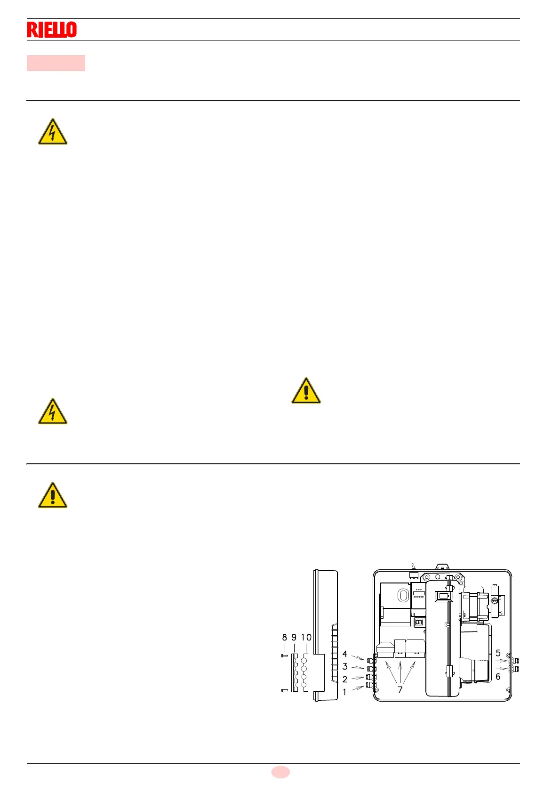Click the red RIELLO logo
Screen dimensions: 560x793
tap(52, 30)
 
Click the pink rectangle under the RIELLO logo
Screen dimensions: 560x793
tap(56, 63)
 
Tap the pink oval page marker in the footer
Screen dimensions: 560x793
tap(280, 772)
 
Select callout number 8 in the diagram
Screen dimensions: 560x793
tap(284, 638)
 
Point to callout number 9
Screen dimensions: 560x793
tap(294, 638)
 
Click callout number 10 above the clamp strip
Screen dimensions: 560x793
tap(306, 638)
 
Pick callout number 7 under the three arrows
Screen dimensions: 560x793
tap(400, 690)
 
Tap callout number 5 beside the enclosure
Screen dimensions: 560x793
tap(498, 653)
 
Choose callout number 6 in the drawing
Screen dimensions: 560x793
tap(498, 677)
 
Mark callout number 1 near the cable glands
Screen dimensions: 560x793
tap(344, 692)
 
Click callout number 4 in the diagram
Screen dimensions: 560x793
tap(344, 654)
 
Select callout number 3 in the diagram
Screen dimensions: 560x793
tap(344, 667)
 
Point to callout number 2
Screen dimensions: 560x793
tap(344, 680)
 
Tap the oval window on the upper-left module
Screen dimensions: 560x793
tap(403, 596)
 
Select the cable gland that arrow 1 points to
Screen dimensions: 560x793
tap(370, 685)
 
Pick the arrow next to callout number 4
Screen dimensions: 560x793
tap(358, 657)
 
